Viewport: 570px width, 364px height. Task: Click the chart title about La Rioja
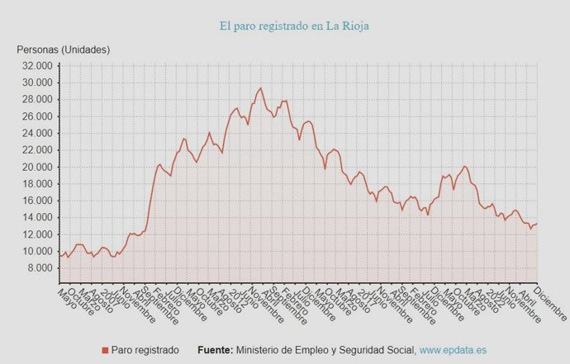pyautogui.click(x=294, y=26)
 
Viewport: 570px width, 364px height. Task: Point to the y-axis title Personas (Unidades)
pyautogui.click(x=64, y=50)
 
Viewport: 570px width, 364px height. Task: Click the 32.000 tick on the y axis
pyautogui.click(x=36, y=66)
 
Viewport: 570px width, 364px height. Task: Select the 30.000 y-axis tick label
pyautogui.click(x=36, y=83)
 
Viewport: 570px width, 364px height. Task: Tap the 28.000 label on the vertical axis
pyautogui.click(x=36, y=100)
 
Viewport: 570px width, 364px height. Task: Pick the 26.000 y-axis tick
pyautogui.click(x=36, y=116)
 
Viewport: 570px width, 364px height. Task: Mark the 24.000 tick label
pyautogui.click(x=36, y=134)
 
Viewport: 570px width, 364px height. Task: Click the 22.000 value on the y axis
pyautogui.click(x=36, y=150)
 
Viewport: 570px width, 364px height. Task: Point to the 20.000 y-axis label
pyautogui.click(x=36, y=167)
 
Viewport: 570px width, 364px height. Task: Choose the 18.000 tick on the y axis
pyautogui.click(x=36, y=184)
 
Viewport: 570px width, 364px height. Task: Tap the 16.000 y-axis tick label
pyautogui.click(x=36, y=201)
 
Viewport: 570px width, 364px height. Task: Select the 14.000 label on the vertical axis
pyautogui.click(x=36, y=218)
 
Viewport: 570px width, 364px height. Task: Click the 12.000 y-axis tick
pyautogui.click(x=36, y=234)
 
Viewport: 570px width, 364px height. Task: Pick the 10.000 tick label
pyautogui.click(x=36, y=252)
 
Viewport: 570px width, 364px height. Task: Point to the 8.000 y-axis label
pyautogui.click(x=39, y=268)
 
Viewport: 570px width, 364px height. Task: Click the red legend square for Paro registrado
pyautogui.click(x=105, y=351)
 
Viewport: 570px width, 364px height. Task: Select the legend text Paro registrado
pyautogui.click(x=145, y=351)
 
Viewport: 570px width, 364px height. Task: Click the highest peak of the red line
pyautogui.click(x=261, y=88)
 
